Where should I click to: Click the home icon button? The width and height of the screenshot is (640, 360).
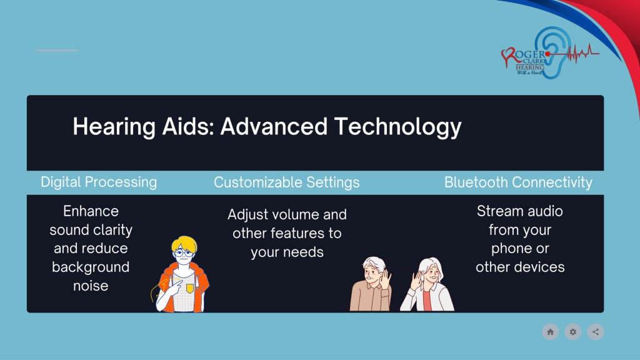coord(550,332)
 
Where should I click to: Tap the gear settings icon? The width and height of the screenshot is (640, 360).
coord(573,332)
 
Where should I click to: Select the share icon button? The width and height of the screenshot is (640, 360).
coord(596,332)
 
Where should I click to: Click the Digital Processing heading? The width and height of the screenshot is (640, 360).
coord(99,182)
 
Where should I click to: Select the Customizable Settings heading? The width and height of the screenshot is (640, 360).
coord(286,182)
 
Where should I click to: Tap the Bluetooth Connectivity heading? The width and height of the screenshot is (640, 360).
coord(518,182)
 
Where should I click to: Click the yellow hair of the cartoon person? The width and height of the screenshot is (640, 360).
coord(184,244)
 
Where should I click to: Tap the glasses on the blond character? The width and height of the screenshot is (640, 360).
coord(183,253)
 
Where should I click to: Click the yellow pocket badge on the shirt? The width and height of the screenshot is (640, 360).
coord(190,289)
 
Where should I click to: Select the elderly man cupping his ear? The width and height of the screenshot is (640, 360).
coord(371,284)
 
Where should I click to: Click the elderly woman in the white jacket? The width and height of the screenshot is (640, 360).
coord(427,284)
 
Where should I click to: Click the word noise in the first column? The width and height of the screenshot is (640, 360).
coord(91,286)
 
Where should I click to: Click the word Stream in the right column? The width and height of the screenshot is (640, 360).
coord(498,211)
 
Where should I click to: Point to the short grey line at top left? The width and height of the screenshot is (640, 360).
coord(57,50)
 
